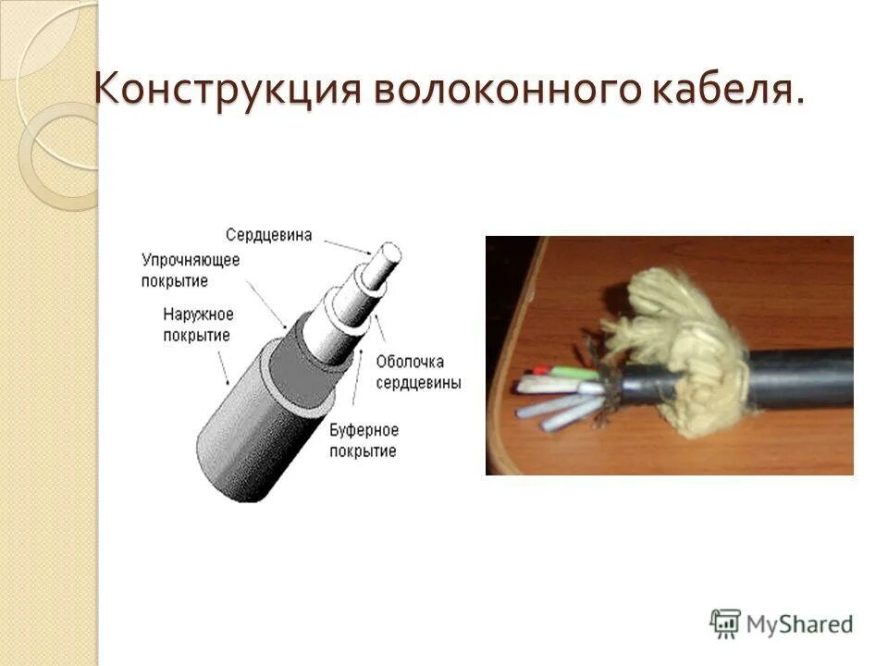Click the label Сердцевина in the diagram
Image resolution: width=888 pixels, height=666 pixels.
(268, 235)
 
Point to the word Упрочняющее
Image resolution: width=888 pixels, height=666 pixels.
(191, 260)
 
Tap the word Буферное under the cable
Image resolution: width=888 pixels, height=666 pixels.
(364, 430)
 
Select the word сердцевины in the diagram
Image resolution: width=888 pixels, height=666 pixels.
(418, 381)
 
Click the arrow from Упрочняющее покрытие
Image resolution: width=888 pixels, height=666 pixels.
(268, 305)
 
